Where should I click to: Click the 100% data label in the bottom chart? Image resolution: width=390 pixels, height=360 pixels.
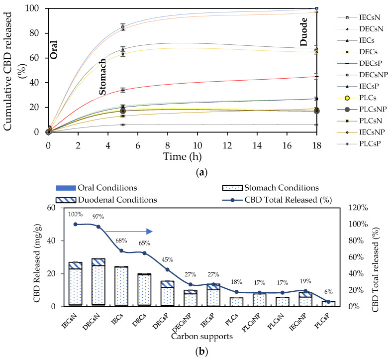[x=75, y=214]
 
